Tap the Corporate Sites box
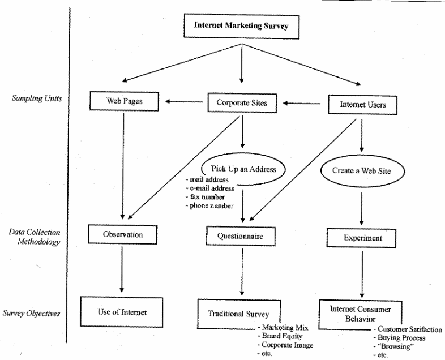point(242,103)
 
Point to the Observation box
point(122,234)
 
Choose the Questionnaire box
point(242,234)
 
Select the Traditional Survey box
point(238,313)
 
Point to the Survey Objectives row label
point(32,312)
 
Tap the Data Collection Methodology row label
point(35,237)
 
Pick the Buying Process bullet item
point(403,338)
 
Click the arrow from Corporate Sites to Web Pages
point(184,102)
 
